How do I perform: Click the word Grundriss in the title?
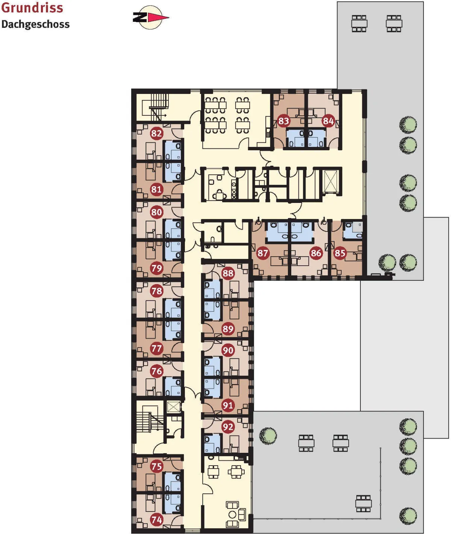tap(32, 8)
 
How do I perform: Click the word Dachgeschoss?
tap(36, 24)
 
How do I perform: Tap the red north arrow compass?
tap(151, 17)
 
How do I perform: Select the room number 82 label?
tap(157, 133)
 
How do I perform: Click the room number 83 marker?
tap(283, 121)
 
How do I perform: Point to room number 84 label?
tap(328, 121)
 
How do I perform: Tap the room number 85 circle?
tap(340, 253)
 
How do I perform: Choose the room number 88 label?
tap(228, 273)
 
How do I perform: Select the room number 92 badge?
tap(228, 427)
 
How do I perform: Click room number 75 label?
tap(157, 466)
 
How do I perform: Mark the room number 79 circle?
tap(157, 268)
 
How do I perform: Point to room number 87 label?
tap(263, 253)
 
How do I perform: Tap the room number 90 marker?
tap(228, 350)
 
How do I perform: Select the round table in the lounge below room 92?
tap(233, 515)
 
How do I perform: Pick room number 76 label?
tap(157, 371)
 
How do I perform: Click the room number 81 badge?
tap(157, 189)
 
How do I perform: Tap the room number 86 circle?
tap(316, 253)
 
